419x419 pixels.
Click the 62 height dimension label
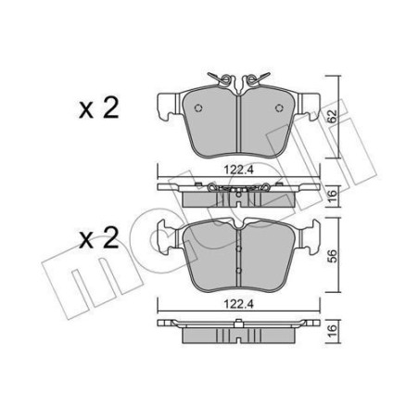(332, 116)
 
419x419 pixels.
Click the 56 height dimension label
(332, 255)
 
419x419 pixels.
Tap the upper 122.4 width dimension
(238, 170)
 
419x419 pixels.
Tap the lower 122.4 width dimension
(238, 304)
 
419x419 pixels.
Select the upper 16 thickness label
(332, 197)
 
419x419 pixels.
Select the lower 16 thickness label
(332, 331)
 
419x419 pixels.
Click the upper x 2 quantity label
(98, 108)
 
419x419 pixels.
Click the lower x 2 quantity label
(98, 238)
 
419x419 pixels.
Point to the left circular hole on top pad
(198, 108)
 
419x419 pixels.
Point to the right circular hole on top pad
(279, 108)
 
